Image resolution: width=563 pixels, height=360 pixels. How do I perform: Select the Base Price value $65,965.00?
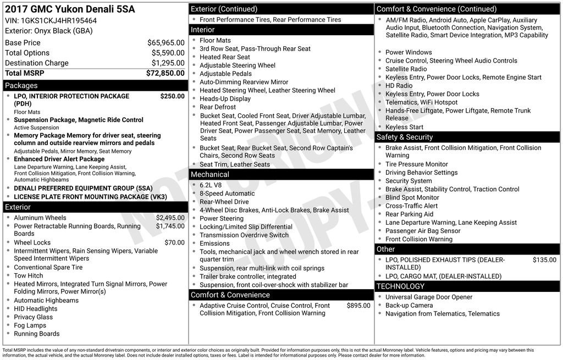pyautogui.click(x=165, y=43)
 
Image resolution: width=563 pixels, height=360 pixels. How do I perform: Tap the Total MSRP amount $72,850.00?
pyautogui.click(x=165, y=73)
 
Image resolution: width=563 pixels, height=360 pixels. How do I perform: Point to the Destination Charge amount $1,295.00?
pyautogui.click(x=168, y=63)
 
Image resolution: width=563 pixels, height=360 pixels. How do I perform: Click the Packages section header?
pyautogui.click(x=21, y=86)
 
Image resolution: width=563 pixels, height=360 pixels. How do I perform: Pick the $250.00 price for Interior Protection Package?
pyautogui.click(x=172, y=96)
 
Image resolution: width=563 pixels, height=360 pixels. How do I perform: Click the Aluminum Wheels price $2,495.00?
pyautogui.click(x=170, y=218)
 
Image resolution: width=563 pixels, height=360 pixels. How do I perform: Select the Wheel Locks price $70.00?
pyautogui.click(x=174, y=242)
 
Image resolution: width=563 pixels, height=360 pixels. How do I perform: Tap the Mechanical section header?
pyautogui.click(x=209, y=174)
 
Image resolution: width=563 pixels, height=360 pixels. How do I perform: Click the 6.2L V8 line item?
pyautogui.click(x=211, y=185)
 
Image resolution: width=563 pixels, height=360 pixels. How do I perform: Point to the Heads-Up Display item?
pyautogui.click(x=225, y=99)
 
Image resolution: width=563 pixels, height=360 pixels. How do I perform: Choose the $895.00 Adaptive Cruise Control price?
pyautogui.click(x=358, y=306)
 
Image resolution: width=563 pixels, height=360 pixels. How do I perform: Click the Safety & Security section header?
pyautogui.click(x=404, y=137)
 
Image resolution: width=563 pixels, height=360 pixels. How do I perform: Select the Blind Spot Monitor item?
pyautogui.click(x=412, y=197)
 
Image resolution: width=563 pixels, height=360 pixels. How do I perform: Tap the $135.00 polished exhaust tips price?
pyautogui.click(x=544, y=259)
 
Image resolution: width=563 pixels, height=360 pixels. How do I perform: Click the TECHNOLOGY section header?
pyautogui.click(x=400, y=286)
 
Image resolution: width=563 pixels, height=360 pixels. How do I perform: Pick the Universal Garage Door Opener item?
pyautogui.click(x=428, y=297)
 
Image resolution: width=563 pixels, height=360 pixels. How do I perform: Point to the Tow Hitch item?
pyautogui.click(x=28, y=276)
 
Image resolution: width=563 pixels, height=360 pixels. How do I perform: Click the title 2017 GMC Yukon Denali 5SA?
pyautogui.click(x=69, y=9)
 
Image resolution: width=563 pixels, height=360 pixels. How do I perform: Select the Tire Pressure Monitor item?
pyautogui.click(x=416, y=164)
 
